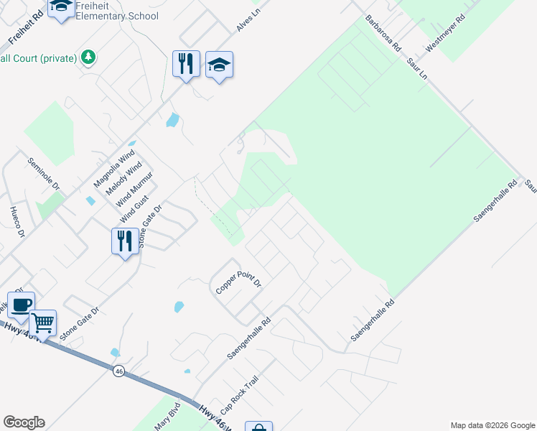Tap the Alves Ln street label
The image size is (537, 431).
(x=247, y=22)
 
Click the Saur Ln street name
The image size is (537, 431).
(x=416, y=70)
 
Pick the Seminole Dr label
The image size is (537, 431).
(x=44, y=175)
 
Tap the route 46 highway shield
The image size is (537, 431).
(x=118, y=371)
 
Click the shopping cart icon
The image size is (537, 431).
(x=43, y=324)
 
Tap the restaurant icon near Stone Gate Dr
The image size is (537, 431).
(x=125, y=240)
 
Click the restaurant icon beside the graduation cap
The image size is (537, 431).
(x=186, y=64)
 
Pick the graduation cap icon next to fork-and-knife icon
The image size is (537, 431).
(x=220, y=65)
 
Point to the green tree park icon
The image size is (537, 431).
(x=88, y=57)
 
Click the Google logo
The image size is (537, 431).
(x=24, y=422)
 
